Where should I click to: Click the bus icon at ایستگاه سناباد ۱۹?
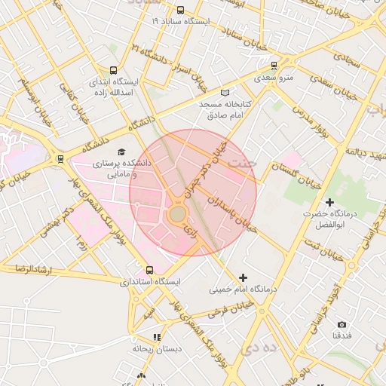(180, 11)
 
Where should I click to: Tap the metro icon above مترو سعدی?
(273, 65)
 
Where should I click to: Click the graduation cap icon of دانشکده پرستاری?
(122, 151)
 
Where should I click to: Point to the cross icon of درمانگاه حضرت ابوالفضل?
(329, 202)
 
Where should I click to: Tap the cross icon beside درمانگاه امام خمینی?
(242, 277)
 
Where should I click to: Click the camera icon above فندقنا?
(342, 324)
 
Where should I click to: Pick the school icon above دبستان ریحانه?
(157, 337)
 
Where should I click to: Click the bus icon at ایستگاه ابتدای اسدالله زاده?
(114, 69)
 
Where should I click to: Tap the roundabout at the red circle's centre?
(177, 216)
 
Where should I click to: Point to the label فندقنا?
(342, 335)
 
